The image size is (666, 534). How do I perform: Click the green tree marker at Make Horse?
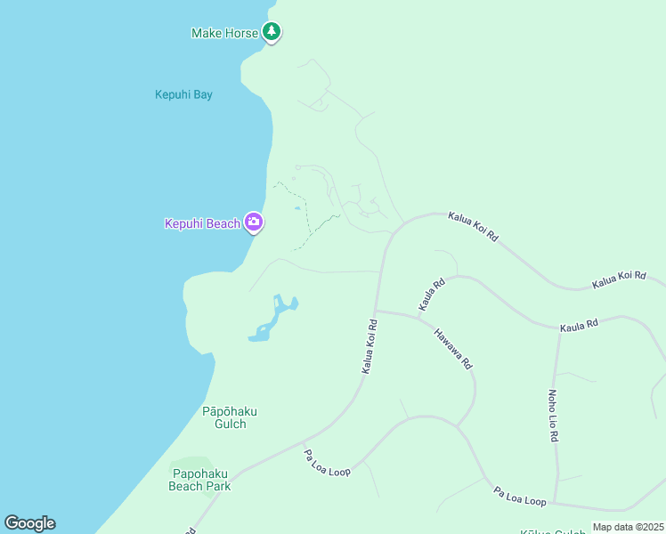272,32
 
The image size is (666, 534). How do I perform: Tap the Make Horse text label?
224,33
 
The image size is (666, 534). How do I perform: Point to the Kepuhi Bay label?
183,94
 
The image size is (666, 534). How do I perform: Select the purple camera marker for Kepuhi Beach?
254,222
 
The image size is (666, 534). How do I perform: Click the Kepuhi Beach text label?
202,223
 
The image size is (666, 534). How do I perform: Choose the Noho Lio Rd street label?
552,415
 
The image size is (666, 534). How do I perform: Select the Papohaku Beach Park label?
201,480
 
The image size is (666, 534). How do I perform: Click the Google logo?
29,523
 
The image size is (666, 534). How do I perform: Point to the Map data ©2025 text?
628,527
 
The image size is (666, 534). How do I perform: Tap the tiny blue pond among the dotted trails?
296,209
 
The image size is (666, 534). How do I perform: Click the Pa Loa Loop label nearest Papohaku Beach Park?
328,463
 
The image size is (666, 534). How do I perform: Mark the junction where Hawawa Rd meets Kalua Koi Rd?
376,311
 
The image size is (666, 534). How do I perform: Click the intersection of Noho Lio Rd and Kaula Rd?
560,332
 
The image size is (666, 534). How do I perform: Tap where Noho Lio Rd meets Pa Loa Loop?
555,502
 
